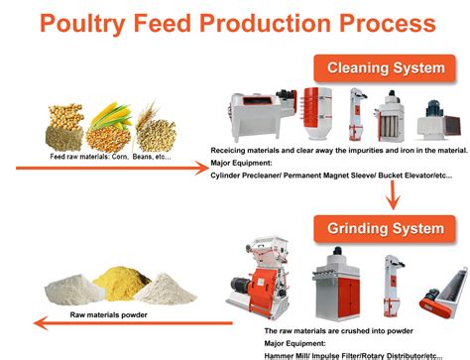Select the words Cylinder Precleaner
tap(249, 174)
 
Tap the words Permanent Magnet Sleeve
tap(331, 174)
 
